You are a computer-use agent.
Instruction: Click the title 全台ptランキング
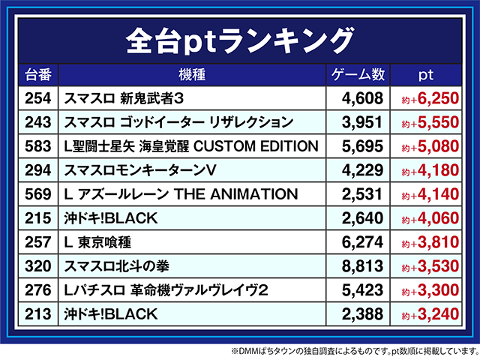point(240,37)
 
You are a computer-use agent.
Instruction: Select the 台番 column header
point(38,75)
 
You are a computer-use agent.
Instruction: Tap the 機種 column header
point(192,75)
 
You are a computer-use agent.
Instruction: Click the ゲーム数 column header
point(357,75)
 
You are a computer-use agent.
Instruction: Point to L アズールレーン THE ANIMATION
point(181,194)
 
